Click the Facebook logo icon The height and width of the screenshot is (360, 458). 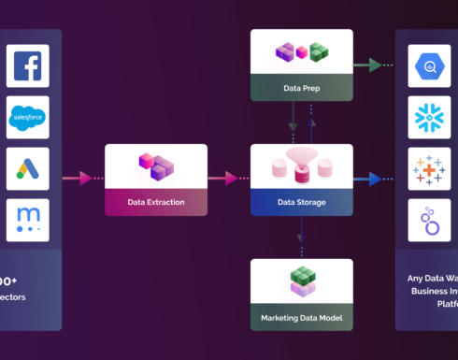click(27, 67)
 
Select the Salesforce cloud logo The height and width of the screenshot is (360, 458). click(27, 118)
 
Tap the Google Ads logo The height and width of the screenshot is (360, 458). click(27, 169)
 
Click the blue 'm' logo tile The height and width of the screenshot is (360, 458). click(27, 221)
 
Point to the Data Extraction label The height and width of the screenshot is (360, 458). click(156, 201)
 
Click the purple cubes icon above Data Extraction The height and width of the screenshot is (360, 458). click(156, 167)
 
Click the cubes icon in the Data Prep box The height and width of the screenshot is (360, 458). click(301, 52)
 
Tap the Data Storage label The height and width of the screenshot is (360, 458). click(301, 201)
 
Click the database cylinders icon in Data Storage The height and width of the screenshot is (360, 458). click(301, 166)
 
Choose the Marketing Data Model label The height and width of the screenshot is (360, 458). click(301, 317)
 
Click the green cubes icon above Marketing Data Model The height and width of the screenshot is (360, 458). click(301, 281)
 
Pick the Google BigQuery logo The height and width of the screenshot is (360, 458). click(430, 67)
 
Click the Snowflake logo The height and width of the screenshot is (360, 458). click(430, 118)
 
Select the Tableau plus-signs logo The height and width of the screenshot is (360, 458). click(430, 169)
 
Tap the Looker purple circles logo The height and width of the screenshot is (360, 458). click(430, 221)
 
